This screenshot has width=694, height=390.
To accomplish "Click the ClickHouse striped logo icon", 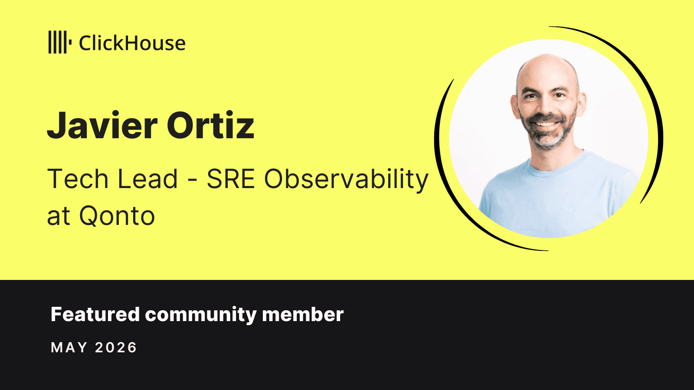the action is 60,42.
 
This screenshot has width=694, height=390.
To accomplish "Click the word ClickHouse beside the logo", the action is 132,43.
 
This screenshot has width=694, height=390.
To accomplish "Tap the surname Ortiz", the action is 211,125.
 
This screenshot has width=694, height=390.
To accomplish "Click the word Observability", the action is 346,180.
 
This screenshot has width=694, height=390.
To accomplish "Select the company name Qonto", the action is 117,216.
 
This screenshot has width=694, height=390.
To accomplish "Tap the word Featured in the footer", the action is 95,314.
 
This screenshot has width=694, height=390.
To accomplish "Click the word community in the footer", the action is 200,315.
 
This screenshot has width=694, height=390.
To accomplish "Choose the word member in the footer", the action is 303,314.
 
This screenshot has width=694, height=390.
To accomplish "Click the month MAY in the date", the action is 69,347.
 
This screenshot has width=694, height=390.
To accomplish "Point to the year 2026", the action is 116,347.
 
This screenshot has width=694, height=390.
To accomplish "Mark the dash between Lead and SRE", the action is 193,180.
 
